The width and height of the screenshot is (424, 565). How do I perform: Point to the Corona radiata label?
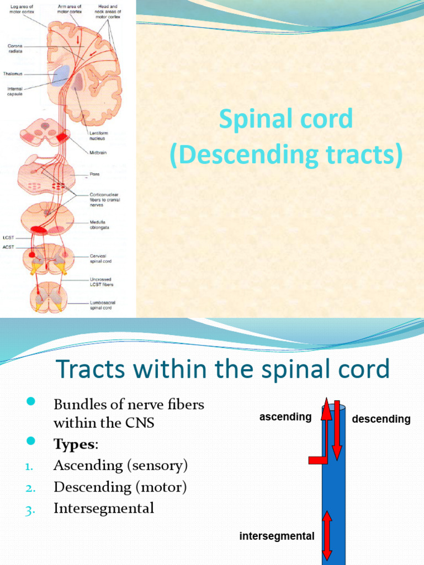tap(14, 49)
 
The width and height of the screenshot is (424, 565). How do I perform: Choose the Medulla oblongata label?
tap(99, 225)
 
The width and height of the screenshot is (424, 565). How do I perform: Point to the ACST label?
tap(8, 247)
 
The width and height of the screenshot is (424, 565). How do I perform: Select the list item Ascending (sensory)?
tap(120, 465)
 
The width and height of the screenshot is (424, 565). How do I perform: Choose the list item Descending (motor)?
tap(120, 487)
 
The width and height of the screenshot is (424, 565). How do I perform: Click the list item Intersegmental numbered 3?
tap(103, 508)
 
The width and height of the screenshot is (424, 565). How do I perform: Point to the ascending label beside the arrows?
tap(285, 417)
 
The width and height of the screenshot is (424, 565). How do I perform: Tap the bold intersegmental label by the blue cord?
tap(277, 536)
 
